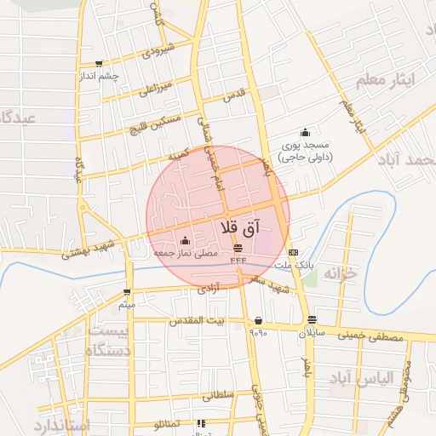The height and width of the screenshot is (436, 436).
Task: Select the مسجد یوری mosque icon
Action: [305, 132]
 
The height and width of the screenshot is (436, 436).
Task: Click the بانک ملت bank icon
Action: [293, 252]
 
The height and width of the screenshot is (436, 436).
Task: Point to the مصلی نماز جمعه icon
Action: [186, 240]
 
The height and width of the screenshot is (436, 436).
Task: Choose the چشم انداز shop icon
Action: [100, 63]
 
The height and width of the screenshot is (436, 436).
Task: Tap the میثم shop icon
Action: [128, 291]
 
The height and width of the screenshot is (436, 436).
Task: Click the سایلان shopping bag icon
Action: [312, 320]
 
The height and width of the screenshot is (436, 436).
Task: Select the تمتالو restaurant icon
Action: [201, 423]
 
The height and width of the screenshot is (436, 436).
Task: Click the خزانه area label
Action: [341, 274]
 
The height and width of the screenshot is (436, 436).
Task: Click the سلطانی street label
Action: [219, 395]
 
